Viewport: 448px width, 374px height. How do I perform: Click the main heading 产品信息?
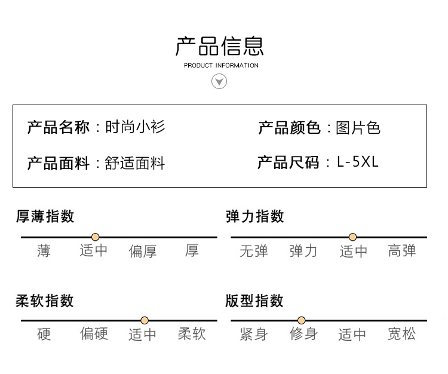point(219,46)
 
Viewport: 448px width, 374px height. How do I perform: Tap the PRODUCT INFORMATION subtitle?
point(221,66)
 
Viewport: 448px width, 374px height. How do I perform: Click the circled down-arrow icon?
point(219,81)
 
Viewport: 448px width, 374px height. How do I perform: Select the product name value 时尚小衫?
point(135,127)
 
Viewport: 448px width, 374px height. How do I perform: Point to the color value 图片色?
point(358,127)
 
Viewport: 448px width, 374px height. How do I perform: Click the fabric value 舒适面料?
point(135,163)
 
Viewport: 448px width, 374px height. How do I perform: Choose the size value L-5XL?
point(358,162)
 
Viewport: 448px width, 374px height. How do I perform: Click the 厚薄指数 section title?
point(45,216)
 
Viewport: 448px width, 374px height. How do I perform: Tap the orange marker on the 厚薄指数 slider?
point(95,237)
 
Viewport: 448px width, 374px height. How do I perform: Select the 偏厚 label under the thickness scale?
point(143,251)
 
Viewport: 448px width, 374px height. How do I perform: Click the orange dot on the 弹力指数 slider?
point(352,237)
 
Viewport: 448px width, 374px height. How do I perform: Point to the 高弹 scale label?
point(402,250)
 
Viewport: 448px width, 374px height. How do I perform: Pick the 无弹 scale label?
point(254,251)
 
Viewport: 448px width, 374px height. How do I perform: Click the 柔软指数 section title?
point(45,301)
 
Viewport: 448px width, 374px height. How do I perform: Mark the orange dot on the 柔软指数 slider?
point(145,320)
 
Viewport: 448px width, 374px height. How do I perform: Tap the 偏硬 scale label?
point(94,333)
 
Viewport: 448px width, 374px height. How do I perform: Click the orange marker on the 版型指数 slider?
point(301,320)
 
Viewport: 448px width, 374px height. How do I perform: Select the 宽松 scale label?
point(402,334)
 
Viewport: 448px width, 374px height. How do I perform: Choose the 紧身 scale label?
point(254,334)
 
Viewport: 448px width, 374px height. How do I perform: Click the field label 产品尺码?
point(288,163)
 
